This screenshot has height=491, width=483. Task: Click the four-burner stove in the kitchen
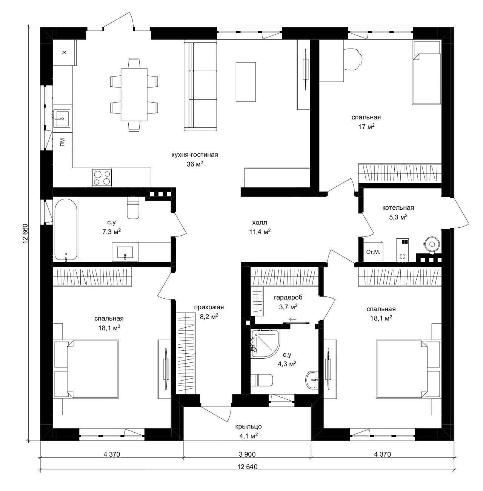102,177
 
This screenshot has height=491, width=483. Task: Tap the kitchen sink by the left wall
62,118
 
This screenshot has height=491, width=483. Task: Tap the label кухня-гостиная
195,155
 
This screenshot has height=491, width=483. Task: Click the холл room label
260,223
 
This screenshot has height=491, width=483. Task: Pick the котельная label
398,208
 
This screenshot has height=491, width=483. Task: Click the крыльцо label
248,426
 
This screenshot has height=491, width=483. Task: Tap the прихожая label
209,307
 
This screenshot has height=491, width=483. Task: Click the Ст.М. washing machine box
373,252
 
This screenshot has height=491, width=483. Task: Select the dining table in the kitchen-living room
134,95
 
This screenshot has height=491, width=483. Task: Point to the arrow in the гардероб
293,319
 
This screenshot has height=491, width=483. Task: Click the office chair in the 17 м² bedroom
353,59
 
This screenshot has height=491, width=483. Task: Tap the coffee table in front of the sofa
245,82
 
